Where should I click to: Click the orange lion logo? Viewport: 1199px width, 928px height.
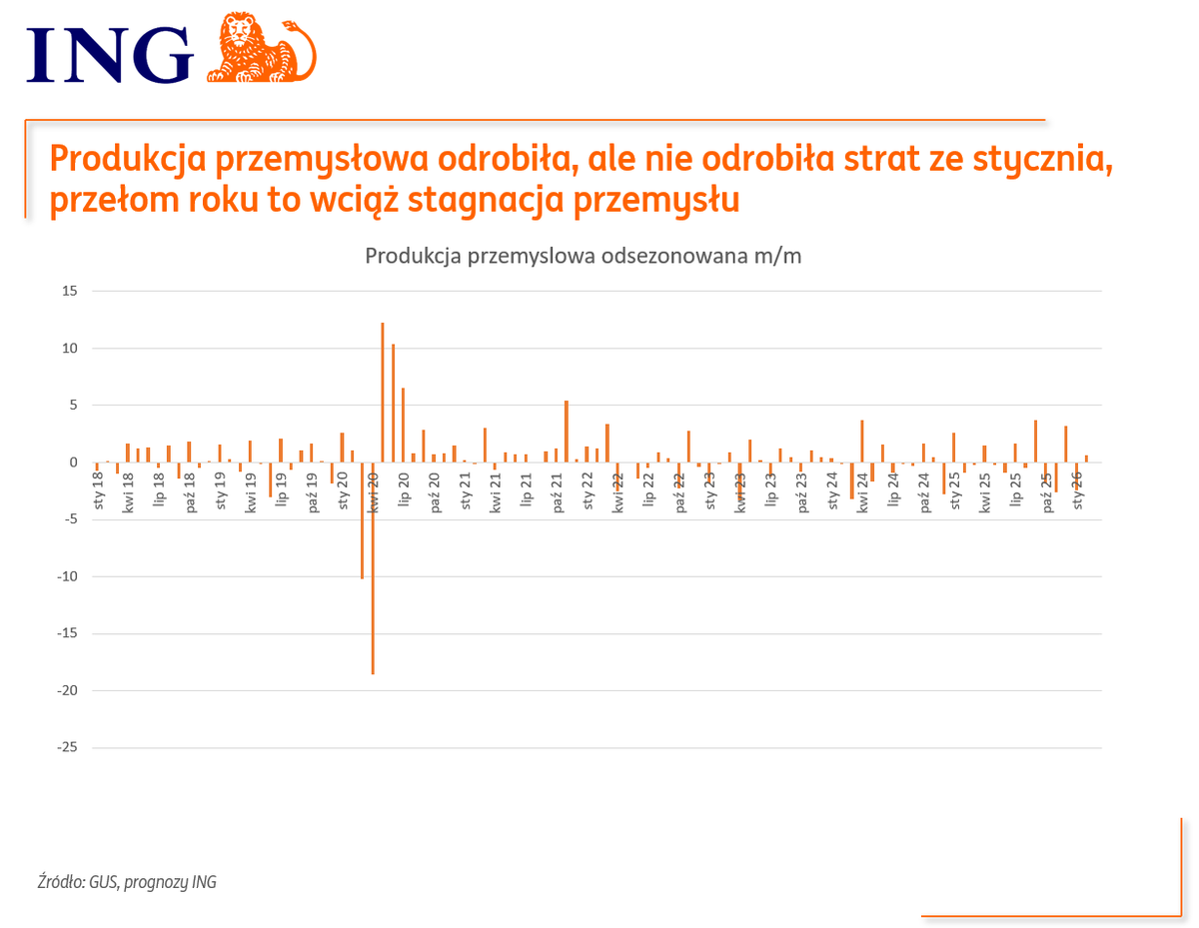pos(262,47)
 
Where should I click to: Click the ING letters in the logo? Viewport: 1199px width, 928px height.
pos(110,54)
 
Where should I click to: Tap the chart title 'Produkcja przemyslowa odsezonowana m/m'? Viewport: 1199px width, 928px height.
pos(584,256)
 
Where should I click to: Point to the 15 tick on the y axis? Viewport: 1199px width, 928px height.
pos(70,291)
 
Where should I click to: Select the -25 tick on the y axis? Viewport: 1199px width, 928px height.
pos(66,747)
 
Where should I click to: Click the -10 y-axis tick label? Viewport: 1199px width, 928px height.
pos(66,576)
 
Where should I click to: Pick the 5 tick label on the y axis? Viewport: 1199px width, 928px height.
pos(73,405)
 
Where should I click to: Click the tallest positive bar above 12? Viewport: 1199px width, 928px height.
pos(383,392)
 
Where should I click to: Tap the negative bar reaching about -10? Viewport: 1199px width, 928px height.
pos(362,519)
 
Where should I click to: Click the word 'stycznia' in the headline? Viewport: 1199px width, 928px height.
pos(1042,160)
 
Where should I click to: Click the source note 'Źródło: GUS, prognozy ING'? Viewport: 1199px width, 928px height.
pos(126,882)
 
